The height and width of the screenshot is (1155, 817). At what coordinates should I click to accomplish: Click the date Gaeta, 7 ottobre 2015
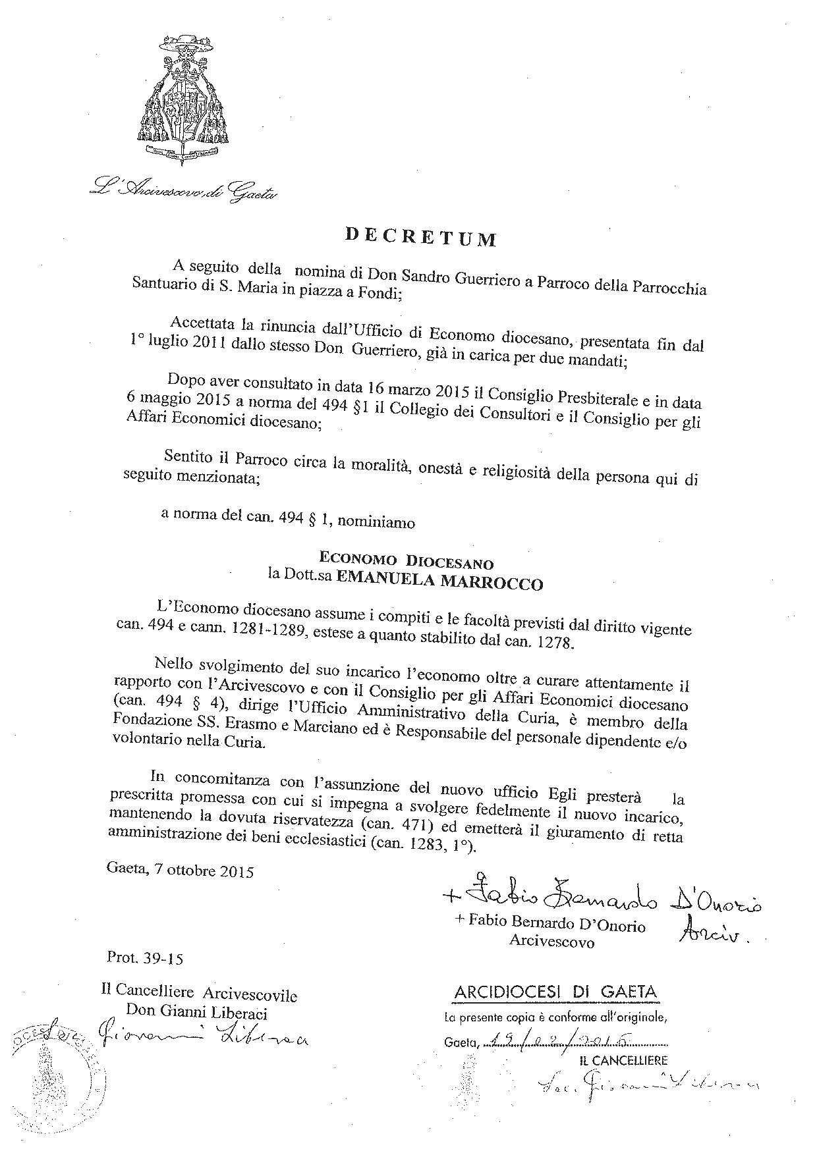(x=180, y=871)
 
